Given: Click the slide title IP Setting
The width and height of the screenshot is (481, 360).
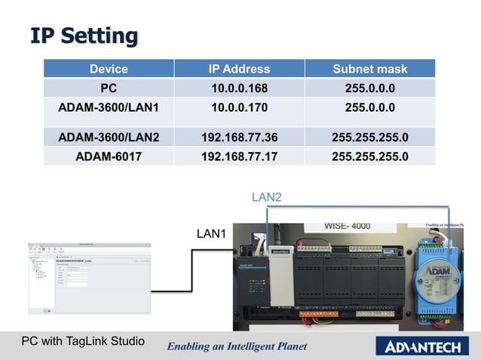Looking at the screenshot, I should [84, 35].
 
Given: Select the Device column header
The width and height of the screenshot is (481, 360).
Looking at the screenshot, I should [109, 69].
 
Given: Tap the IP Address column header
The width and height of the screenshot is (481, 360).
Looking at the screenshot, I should [239, 69].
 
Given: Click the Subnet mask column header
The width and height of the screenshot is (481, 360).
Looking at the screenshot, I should [369, 69].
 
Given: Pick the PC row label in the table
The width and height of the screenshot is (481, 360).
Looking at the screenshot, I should [109, 88].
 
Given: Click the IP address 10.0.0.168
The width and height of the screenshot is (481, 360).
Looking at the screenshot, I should [239, 88].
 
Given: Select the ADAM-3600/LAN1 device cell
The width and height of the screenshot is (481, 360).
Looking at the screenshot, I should [109, 107].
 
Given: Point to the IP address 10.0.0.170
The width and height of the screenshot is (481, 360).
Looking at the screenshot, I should [239, 107].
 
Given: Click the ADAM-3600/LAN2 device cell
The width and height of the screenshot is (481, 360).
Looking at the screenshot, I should [109, 138].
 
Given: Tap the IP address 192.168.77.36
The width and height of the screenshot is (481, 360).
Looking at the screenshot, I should [239, 138].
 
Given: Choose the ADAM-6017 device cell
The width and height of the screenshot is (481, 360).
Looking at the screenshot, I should [109, 157].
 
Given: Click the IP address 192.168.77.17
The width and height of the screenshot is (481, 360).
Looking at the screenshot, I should [239, 157].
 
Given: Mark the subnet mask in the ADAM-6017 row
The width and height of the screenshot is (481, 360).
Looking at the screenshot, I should [369, 157].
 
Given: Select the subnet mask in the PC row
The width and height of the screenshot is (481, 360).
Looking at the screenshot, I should [369, 88].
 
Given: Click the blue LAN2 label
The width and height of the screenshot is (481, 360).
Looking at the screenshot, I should [266, 197].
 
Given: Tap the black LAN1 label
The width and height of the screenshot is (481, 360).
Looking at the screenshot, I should [211, 233].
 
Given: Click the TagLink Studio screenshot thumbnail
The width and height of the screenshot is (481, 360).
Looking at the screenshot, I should [88, 277].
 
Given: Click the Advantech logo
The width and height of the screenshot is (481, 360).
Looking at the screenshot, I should [425, 346].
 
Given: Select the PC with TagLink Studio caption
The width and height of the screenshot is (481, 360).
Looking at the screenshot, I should [83, 341].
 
